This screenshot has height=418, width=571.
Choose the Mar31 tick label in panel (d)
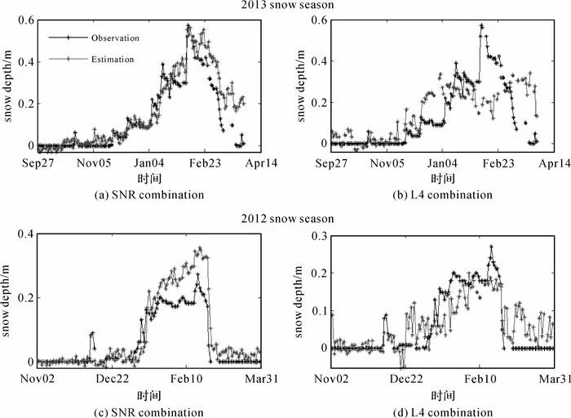(554, 379)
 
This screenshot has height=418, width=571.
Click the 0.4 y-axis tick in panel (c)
(24, 236)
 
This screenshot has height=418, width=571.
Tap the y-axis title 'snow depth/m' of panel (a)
(9, 86)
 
